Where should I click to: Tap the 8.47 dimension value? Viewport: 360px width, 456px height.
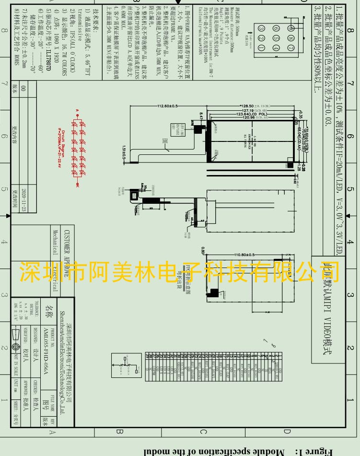[202, 115]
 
